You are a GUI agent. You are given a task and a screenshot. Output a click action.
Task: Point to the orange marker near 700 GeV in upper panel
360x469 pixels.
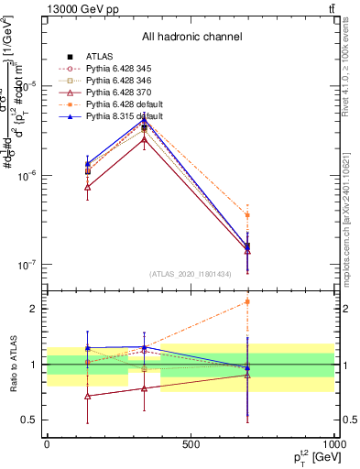click(x=246, y=215)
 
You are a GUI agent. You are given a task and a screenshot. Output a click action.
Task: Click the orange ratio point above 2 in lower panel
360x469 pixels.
click(x=246, y=301)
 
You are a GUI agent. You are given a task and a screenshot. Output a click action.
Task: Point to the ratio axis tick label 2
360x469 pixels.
click(x=33, y=309)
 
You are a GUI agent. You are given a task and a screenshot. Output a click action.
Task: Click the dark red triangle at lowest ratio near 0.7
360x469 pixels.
click(x=87, y=396)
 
